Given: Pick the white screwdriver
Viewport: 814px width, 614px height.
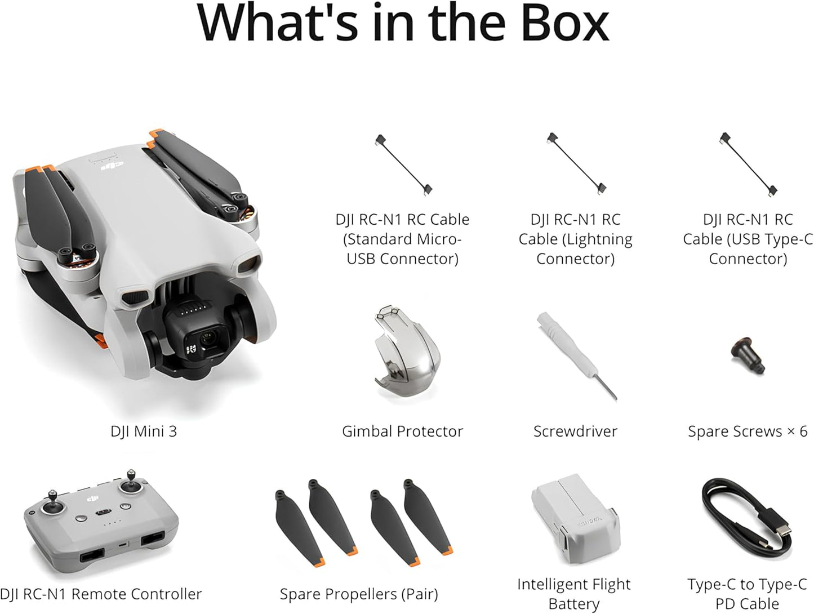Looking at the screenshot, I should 575,355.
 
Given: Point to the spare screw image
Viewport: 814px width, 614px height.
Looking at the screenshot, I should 747,354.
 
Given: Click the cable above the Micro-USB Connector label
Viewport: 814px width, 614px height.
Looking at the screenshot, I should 403,163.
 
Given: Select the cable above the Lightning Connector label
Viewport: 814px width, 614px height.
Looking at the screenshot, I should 576,163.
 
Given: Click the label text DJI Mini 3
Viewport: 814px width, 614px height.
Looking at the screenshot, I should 144,431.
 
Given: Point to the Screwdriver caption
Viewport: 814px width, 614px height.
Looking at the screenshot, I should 575,431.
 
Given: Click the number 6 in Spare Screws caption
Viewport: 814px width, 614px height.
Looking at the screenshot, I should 803,431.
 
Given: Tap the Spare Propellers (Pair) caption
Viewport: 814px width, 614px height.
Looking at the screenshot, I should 359,594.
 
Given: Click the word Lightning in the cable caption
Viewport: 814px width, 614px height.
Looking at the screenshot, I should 598,239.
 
